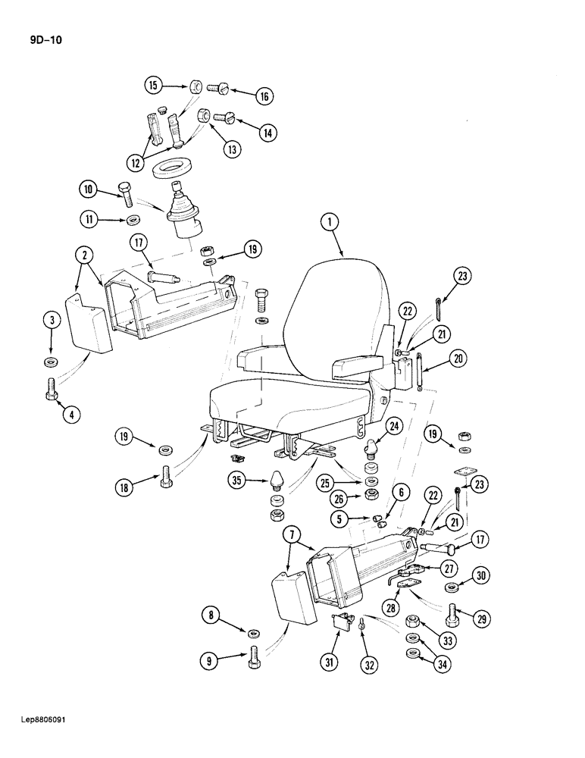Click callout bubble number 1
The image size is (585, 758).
click(328, 222)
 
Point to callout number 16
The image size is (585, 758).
click(263, 96)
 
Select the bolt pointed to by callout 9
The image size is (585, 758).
click(253, 656)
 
